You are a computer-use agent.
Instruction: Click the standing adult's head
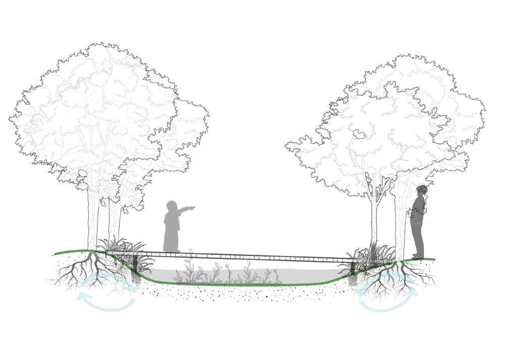click(422, 190)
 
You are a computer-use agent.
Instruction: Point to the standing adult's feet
click(418, 256)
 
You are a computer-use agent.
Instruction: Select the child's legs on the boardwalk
click(172, 242)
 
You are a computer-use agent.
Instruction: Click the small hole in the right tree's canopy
click(359, 134)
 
